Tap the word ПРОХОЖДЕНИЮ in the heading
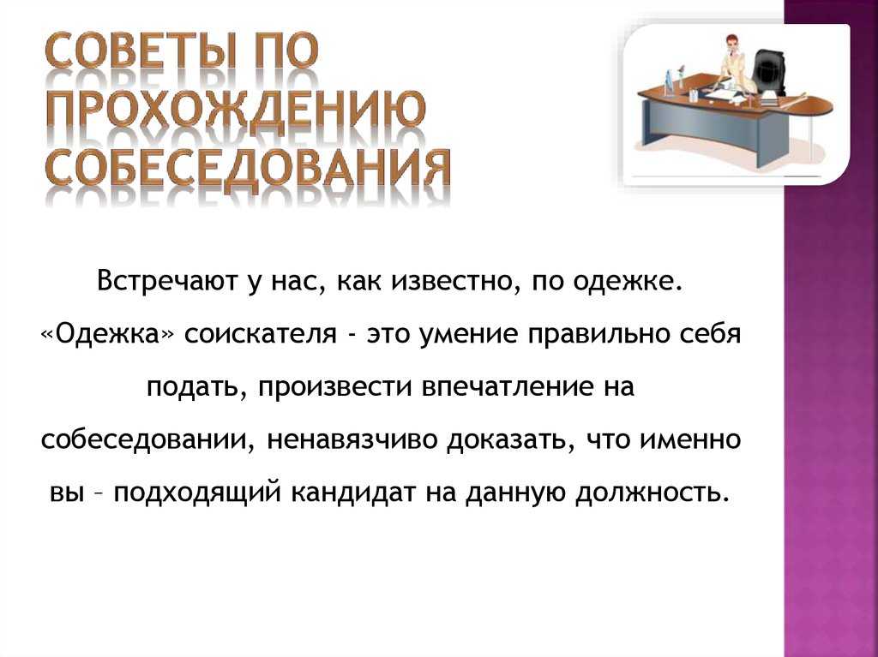pyautogui.click(x=235, y=110)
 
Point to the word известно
pyautogui.click(x=449, y=280)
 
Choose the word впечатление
pyautogui.click(x=506, y=387)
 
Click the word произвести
pyautogui.click(x=335, y=387)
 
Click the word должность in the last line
pyautogui.click(x=652, y=493)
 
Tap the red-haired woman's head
pyautogui.click(x=731, y=43)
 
